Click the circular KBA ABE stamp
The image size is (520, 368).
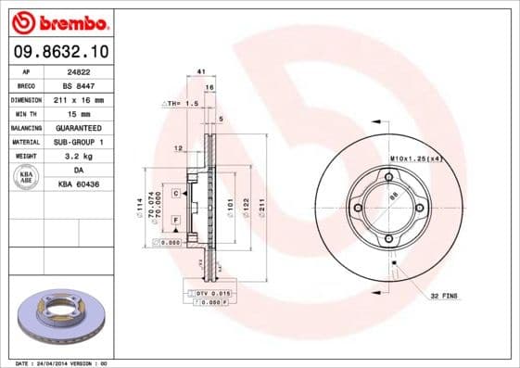[x=27, y=177]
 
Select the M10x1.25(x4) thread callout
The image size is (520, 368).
[x=423, y=159]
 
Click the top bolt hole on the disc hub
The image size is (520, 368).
[x=388, y=177]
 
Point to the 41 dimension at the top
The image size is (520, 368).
[x=200, y=71]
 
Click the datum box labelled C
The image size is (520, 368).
[x=175, y=191]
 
